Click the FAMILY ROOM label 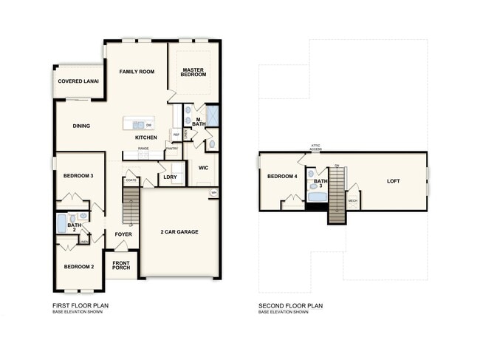click(137, 72)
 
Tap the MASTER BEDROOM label click(193, 73)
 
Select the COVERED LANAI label click(79, 81)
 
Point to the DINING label click(81, 126)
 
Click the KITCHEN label click(145, 137)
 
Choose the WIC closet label click(204, 168)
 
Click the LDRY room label click(170, 177)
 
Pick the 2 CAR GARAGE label click(179, 231)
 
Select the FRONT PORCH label click(120, 265)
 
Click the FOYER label click(123, 234)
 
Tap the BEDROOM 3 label click(78, 176)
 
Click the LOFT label click(394, 180)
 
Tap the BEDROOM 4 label click(281, 176)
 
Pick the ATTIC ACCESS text click(315, 148)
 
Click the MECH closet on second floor click(352, 200)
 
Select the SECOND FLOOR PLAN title click(290, 305)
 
